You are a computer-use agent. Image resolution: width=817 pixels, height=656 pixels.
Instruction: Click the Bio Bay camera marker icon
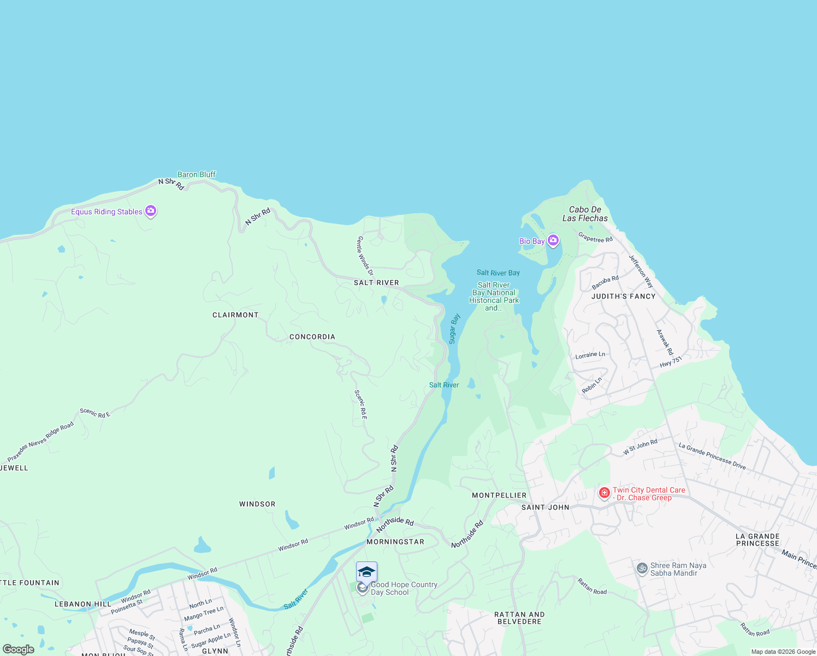tap(553, 241)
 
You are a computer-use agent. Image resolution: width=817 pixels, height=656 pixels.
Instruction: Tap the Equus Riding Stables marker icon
tap(151, 211)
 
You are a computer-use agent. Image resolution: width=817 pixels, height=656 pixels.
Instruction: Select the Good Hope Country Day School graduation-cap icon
tap(366, 572)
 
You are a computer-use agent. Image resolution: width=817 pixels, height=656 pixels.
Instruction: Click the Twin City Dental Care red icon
tap(604, 493)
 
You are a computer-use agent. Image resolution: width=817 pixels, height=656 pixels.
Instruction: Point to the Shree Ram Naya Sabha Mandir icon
tap(642, 569)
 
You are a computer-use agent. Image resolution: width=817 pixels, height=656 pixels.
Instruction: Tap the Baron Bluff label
tap(197, 174)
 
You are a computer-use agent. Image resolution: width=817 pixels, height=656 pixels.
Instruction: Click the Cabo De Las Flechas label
tap(585, 214)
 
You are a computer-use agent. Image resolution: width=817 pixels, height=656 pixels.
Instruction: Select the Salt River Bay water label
tap(498, 273)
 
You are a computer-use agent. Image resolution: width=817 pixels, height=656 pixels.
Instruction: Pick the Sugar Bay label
tap(454, 329)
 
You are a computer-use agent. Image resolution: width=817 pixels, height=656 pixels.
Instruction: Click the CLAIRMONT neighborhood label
tap(235, 315)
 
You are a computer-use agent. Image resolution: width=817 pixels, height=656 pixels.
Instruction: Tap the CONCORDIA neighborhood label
tap(312, 337)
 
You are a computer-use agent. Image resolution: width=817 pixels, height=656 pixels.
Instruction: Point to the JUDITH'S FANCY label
tap(623, 296)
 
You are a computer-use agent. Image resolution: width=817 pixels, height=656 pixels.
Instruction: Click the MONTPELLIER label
tap(499, 495)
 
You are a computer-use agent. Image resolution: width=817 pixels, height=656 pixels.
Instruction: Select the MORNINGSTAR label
tap(395, 542)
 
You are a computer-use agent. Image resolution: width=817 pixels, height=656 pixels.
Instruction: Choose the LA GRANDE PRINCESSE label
tap(757, 540)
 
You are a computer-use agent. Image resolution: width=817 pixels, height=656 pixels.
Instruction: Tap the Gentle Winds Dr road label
tap(365, 256)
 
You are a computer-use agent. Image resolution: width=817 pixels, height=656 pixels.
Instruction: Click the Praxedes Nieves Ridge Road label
tap(41, 442)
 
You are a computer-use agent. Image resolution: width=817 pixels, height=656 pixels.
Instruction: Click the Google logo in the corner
tap(19, 649)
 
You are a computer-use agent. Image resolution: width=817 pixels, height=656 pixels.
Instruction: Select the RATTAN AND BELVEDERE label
tap(519, 618)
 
